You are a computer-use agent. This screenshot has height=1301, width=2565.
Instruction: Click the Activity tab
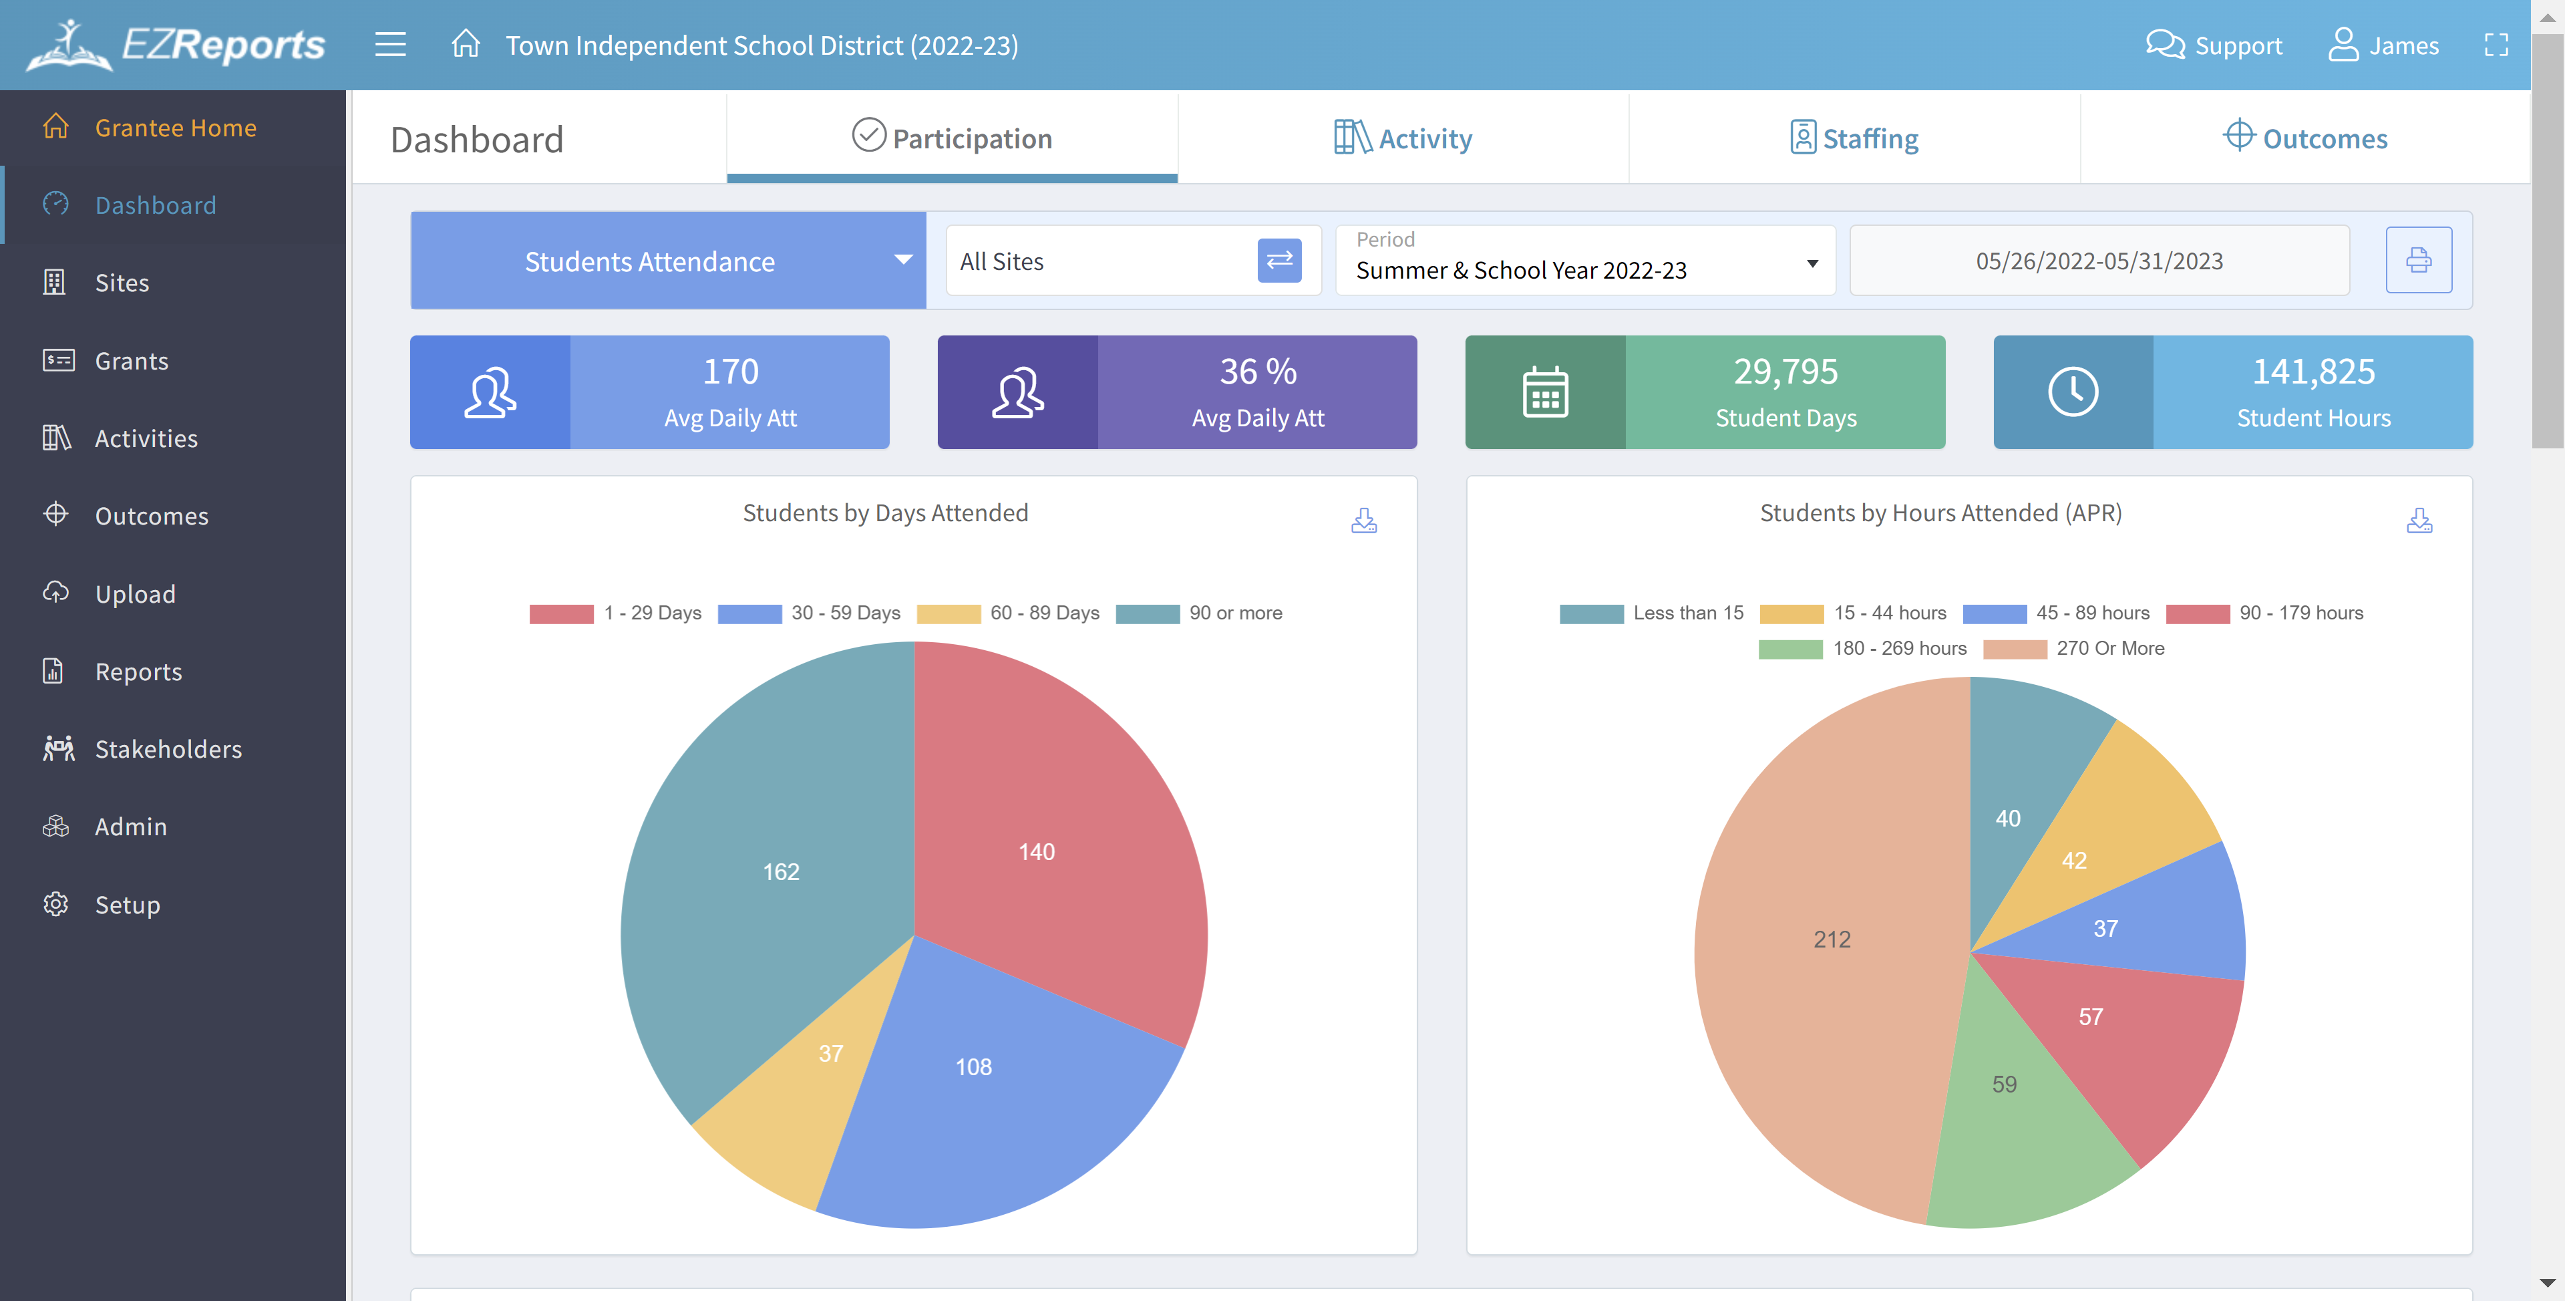(x=1403, y=138)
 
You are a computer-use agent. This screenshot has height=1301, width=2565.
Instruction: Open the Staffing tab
(x=1854, y=138)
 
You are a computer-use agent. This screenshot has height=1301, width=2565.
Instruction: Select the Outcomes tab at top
(x=2305, y=138)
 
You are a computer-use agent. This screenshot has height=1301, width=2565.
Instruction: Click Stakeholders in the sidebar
(x=167, y=749)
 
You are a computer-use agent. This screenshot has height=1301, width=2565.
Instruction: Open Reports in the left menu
(x=138, y=672)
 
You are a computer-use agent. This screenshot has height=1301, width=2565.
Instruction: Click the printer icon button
(x=2417, y=261)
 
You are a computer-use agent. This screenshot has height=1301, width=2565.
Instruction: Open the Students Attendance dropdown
(x=667, y=261)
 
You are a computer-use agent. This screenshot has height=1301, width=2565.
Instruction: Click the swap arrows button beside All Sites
(x=1278, y=261)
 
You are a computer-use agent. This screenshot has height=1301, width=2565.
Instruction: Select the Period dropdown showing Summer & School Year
(x=1585, y=261)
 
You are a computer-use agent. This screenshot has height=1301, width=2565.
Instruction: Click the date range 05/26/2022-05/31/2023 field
(x=2099, y=261)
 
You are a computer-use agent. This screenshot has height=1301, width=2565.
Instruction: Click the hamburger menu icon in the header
(x=390, y=45)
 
